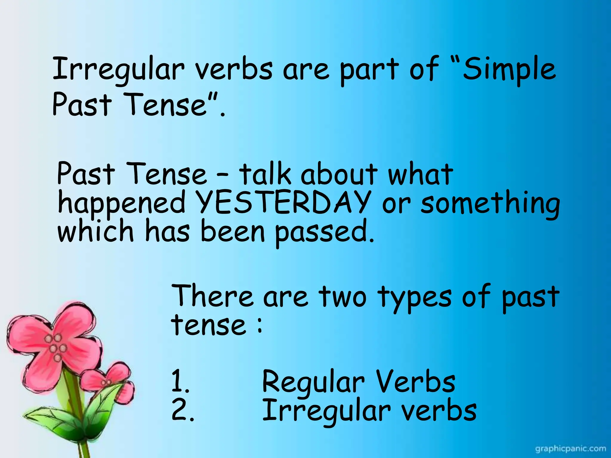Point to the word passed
(x=324, y=233)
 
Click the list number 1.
(x=180, y=381)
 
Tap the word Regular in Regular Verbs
(x=313, y=383)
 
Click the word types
(x=415, y=298)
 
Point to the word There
(x=212, y=295)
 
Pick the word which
(x=95, y=231)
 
